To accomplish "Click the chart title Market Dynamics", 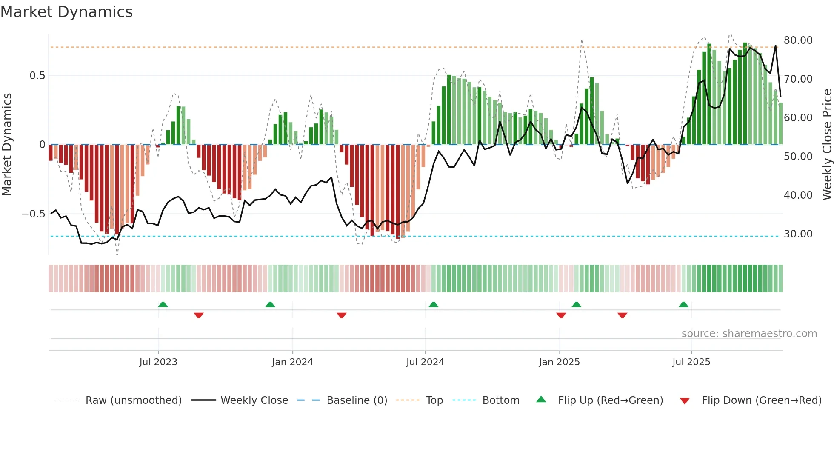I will (67, 12).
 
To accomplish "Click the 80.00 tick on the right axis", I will (798, 40).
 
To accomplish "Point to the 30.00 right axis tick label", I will (798, 234).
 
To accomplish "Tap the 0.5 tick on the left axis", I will (37, 76).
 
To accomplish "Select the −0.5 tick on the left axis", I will (34, 214).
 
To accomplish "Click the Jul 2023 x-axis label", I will (158, 362).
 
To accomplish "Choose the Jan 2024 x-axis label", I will (292, 362).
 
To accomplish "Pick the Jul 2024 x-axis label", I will (425, 362).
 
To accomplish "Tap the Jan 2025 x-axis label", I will (559, 362).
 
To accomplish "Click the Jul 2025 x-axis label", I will (691, 362).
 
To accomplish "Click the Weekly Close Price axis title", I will (827, 144).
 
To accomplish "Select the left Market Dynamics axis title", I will (7, 144).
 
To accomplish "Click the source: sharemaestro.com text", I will (749, 334).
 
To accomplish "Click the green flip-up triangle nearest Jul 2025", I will (683, 305).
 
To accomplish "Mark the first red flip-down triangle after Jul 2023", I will (199, 315).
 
